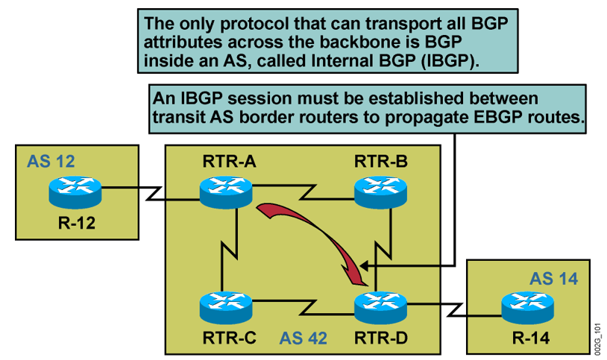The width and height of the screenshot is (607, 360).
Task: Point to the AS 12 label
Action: point(51,160)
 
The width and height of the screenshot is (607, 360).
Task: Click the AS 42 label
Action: point(303,337)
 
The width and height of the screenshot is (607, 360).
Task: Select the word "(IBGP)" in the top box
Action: point(447,60)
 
